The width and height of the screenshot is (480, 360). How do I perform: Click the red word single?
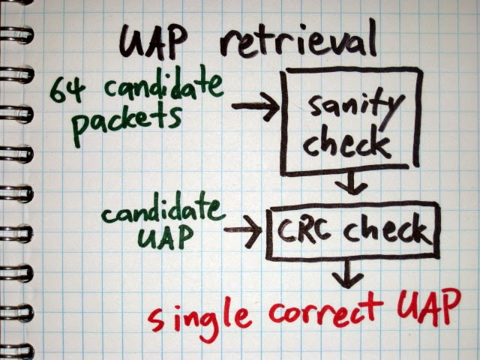point(199,315)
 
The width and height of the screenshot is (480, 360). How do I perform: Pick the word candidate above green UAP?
point(165,211)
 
